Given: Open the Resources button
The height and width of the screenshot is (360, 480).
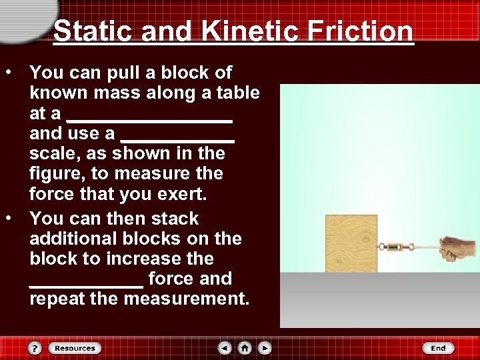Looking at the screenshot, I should click(75, 348).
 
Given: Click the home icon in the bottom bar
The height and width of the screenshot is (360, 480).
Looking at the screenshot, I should click(245, 348).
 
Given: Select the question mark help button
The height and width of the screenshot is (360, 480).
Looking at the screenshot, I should click(35, 348).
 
